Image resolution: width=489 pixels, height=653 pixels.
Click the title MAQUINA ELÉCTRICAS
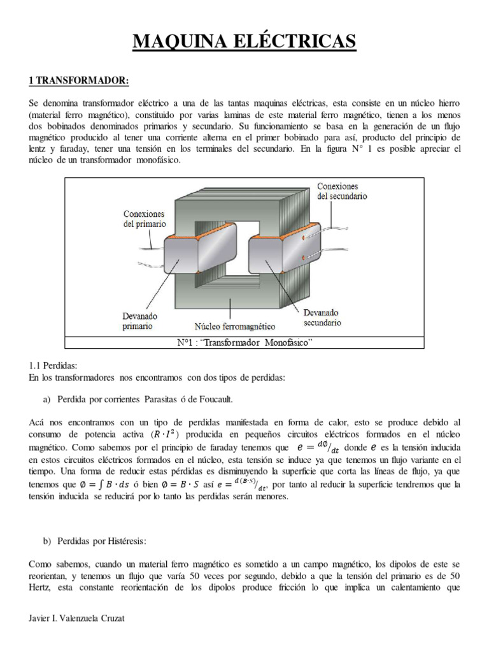(244, 42)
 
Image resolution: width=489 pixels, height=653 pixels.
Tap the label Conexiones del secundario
(342, 191)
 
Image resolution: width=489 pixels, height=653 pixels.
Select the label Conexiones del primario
(145, 219)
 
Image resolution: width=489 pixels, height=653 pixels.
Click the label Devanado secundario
(322, 318)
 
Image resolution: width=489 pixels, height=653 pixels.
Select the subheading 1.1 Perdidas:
(53, 366)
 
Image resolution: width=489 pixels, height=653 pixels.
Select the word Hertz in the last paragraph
(42, 588)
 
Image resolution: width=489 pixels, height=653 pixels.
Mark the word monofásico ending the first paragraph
(159, 160)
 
